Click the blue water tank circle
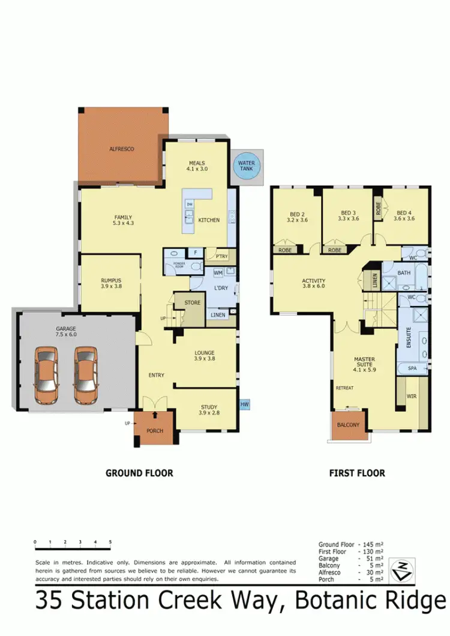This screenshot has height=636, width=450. pyautogui.click(x=246, y=166)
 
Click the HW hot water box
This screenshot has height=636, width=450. pyautogui.click(x=245, y=406)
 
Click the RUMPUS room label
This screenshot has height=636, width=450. pyautogui.click(x=111, y=280)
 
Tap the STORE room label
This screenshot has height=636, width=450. pyautogui.click(x=192, y=302)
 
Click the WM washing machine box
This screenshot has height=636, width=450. pyautogui.click(x=218, y=273)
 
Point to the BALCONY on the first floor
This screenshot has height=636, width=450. pyautogui.click(x=349, y=425)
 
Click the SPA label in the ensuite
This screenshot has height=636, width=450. pyautogui.click(x=412, y=368)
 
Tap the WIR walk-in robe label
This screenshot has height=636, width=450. pyautogui.click(x=412, y=396)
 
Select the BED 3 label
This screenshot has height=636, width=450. pyautogui.click(x=349, y=213)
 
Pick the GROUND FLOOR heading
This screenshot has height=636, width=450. pyautogui.click(x=139, y=473)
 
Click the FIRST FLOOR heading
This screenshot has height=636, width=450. pyautogui.click(x=357, y=473)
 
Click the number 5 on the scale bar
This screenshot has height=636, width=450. pyautogui.click(x=110, y=542)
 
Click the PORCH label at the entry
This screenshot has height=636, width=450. pyautogui.click(x=155, y=431)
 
